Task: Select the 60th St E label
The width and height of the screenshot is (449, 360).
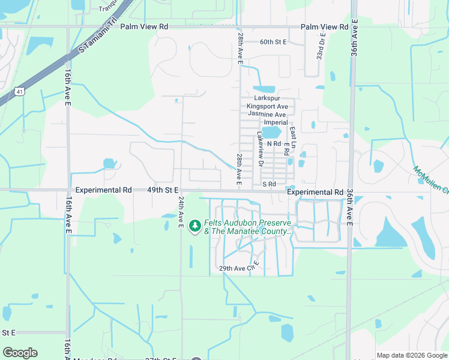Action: [273, 42]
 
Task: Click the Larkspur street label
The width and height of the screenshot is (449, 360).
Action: [267, 98]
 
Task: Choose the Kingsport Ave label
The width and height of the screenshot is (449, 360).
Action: [267, 106]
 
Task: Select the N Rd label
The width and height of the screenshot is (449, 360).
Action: [274, 144]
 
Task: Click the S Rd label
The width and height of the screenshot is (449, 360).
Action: [268, 184]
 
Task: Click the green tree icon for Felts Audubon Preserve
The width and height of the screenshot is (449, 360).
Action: [194, 226]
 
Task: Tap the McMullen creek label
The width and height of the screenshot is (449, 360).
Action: [431, 179]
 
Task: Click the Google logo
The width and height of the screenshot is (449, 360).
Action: [20, 352]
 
